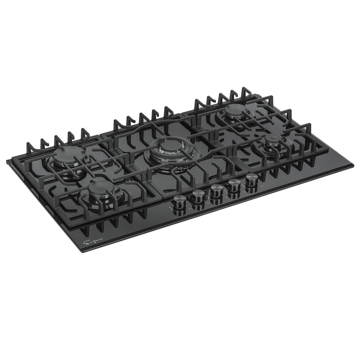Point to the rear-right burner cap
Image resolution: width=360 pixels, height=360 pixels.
point(237,111)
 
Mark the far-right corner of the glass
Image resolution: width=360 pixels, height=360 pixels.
point(353,166)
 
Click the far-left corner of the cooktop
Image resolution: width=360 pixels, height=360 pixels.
point(8,160)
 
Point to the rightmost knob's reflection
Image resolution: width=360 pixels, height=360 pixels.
point(251,188)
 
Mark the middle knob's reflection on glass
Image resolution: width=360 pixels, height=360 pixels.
point(216,199)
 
